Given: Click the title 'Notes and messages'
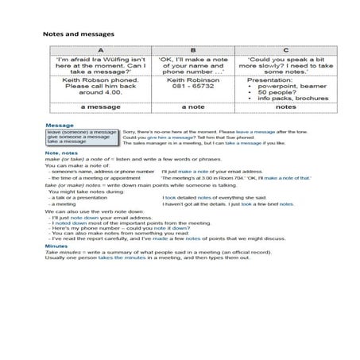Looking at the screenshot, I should [78, 34].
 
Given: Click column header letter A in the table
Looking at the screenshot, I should [93, 49].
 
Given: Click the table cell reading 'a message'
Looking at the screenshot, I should [93, 106].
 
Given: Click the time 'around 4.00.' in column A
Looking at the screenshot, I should [93, 94].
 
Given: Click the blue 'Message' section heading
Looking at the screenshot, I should [60, 126].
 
